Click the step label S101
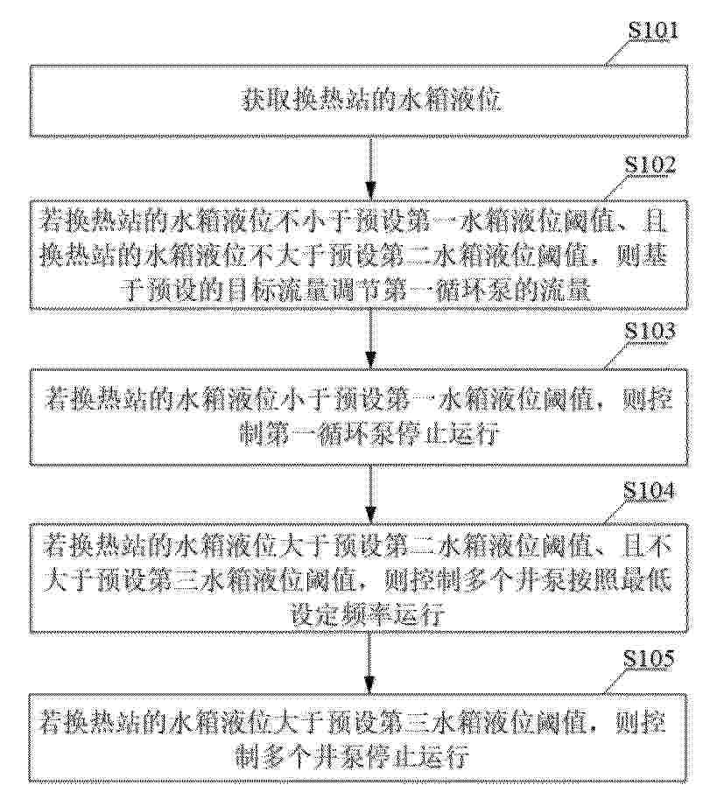pyautogui.click(x=653, y=31)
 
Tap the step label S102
pyautogui.click(x=650, y=165)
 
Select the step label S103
pyautogui.click(x=650, y=332)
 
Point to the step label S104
pyautogui.click(x=649, y=492)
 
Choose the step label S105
pyautogui.click(x=649, y=659)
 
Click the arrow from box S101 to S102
pyautogui.click(x=371, y=169)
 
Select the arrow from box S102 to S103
pyautogui.click(x=371, y=339)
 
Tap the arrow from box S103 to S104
pyautogui.click(x=371, y=494)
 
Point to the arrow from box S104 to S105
pyautogui.click(x=371, y=663)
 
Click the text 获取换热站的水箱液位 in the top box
pyautogui.click(x=371, y=101)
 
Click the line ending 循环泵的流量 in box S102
pyautogui.click(x=355, y=291)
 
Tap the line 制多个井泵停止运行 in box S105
pyautogui.click(x=352, y=758)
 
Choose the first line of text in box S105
pyautogui.click(x=354, y=724)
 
